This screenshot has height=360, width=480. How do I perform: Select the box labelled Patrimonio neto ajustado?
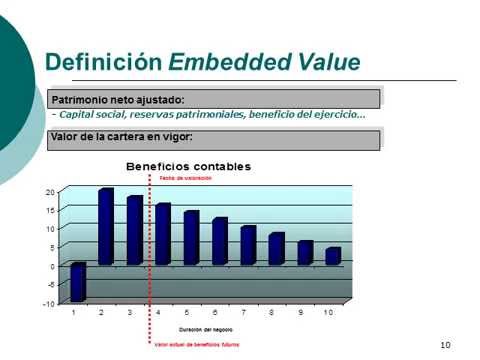point(214,98)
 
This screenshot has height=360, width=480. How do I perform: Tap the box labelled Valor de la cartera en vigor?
point(214,137)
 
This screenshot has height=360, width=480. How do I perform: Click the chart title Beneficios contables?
point(188,165)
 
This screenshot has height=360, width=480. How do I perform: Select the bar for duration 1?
point(78,282)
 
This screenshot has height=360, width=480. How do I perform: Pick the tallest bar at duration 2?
point(106,226)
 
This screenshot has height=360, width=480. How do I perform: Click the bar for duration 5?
point(191,238)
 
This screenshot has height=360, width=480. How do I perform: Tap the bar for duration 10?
point(333,256)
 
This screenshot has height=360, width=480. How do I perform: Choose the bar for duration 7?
point(248,245)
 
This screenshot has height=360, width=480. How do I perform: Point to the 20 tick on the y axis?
point(50,191)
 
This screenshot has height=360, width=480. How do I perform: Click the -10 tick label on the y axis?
point(48,302)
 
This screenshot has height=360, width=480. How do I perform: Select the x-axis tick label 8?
point(270,314)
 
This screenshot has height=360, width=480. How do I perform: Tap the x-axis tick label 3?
point(129,314)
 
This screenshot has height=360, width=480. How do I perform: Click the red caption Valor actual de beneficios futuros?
point(196,345)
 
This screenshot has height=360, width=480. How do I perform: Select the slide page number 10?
point(446,344)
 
